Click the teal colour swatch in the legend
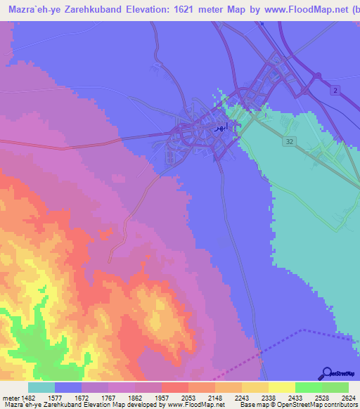click(41, 387)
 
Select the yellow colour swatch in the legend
click(281, 387)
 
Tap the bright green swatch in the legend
click(308, 387)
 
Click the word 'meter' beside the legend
click(10, 397)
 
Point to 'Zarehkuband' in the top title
click(80, 11)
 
